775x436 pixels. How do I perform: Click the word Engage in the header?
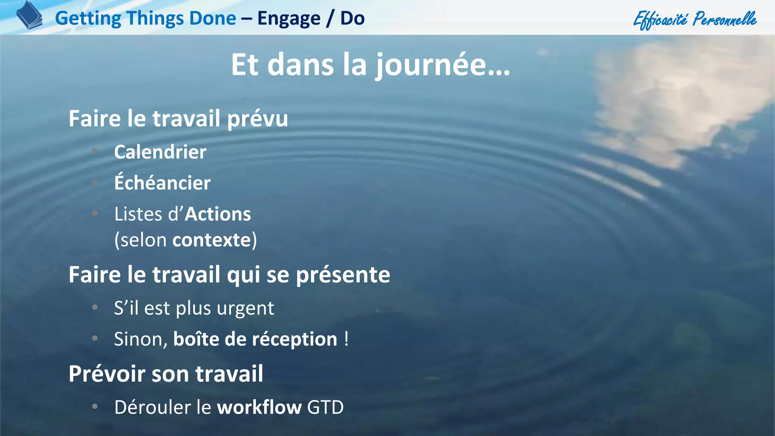tap(289, 18)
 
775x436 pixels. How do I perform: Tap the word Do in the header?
tap(352, 18)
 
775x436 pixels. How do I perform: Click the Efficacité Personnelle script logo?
tap(695, 19)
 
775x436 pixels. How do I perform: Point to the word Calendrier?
tap(160, 152)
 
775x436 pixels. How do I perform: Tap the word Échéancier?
tap(162, 183)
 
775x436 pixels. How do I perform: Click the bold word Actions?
tap(218, 214)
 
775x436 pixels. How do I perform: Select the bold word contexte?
tap(212, 240)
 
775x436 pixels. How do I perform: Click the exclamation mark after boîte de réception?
tap(346, 338)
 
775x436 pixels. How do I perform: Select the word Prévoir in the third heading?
tap(107, 374)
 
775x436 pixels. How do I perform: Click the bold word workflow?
tap(259, 408)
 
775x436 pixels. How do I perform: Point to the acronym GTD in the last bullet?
tap(325, 408)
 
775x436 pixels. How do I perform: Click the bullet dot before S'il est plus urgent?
tap(95, 307)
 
